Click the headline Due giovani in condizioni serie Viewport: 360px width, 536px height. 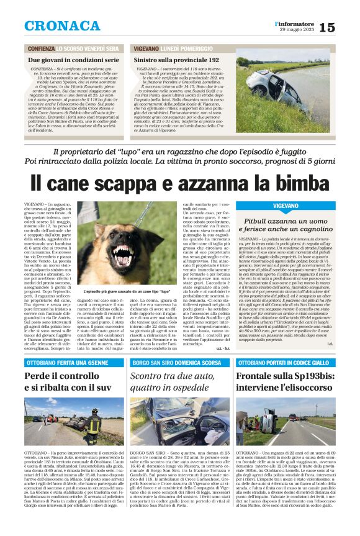[73, 60]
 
